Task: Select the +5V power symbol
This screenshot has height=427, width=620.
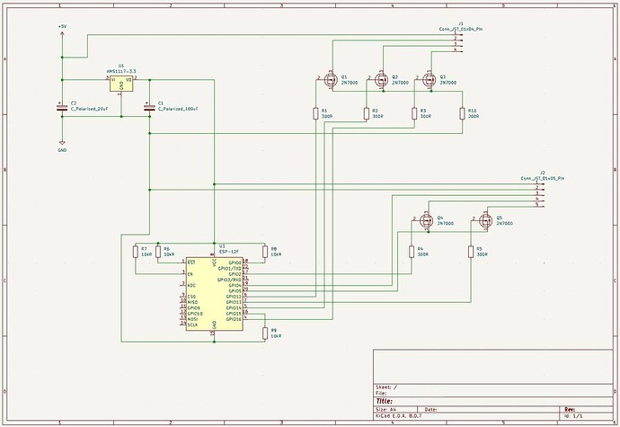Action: [62, 28]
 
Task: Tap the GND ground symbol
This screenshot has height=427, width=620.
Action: [62, 143]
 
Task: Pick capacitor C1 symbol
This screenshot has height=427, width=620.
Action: [149, 106]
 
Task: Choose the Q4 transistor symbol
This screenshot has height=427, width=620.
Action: [425, 219]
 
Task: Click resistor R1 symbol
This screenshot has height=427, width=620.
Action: [314, 113]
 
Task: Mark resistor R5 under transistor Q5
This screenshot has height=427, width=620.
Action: [470, 251]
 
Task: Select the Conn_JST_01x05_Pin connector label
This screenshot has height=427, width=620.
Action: [541, 178]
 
